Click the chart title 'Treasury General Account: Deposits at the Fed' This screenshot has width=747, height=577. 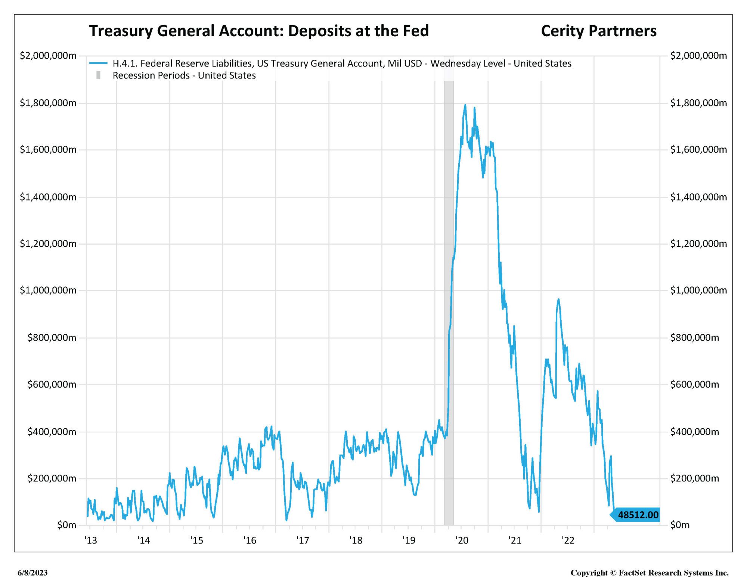(x=259, y=31)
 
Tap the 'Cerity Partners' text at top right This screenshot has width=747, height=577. (x=598, y=31)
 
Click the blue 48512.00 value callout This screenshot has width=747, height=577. (x=637, y=515)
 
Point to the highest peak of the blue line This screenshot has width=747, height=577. (x=465, y=105)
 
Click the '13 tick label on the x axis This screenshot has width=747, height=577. (x=90, y=540)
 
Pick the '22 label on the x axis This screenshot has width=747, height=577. (x=568, y=540)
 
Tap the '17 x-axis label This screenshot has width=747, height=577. (x=303, y=540)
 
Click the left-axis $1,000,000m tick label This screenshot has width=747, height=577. (x=48, y=290)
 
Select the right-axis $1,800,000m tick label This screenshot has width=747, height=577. (x=698, y=103)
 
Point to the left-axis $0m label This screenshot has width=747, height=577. (x=66, y=525)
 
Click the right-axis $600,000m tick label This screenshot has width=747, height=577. (x=694, y=384)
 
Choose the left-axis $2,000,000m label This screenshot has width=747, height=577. (x=48, y=56)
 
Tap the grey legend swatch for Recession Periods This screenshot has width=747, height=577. (x=98, y=75)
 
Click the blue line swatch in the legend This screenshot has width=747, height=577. (x=98, y=63)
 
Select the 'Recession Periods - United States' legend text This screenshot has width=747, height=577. (x=184, y=75)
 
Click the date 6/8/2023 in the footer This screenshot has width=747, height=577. (x=32, y=573)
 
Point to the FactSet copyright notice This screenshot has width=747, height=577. (x=650, y=573)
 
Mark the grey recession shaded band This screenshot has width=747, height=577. (x=448, y=299)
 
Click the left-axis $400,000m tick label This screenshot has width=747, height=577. (x=52, y=432)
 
